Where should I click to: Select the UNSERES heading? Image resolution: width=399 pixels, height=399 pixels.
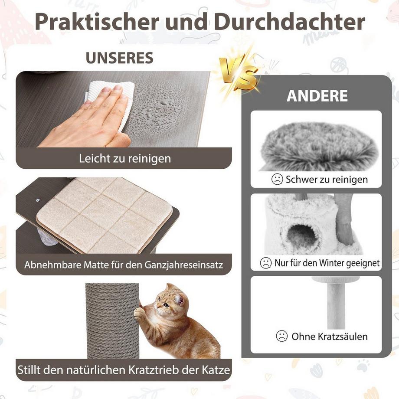pyautogui.click(x=119, y=58)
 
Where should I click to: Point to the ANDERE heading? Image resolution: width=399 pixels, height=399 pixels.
pyautogui.click(x=317, y=96)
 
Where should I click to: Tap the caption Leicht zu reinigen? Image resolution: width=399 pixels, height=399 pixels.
pyautogui.click(x=125, y=158)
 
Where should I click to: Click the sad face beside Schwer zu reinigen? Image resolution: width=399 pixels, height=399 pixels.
pyautogui.click(x=277, y=179)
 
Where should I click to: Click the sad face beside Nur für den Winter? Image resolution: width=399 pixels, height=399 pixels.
pyautogui.click(x=265, y=263)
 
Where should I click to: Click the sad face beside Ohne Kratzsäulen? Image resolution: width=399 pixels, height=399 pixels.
pyautogui.click(x=282, y=336)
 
